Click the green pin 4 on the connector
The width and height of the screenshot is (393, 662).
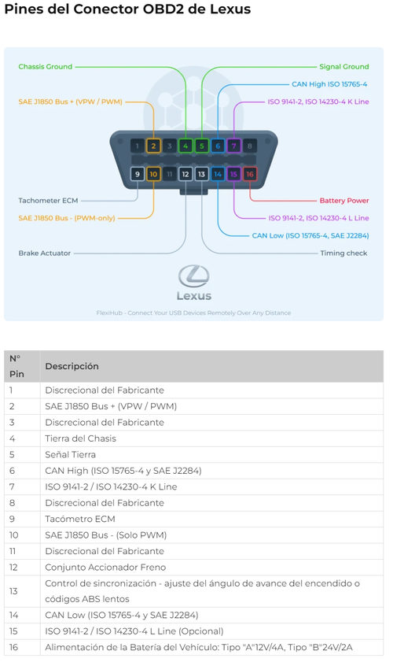coord(185,146)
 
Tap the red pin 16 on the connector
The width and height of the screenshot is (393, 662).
coord(250,174)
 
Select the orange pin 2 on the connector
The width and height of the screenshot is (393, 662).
coord(153,146)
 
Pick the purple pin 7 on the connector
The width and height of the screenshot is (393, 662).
coord(234,146)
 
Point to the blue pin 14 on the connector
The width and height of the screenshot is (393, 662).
coord(218,174)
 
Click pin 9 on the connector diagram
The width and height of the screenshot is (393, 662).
coord(138,174)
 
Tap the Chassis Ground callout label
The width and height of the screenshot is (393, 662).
coord(46,67)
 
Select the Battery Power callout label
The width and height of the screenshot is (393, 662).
coord(344,201)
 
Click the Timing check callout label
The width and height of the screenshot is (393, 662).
coord(343,253)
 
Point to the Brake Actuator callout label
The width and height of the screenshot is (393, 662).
coord(45,253)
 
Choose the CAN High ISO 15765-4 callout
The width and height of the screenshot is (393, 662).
coord(329,84)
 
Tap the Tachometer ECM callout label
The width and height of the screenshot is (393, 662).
coord(48,201)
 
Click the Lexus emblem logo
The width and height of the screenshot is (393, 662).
coord(194,276)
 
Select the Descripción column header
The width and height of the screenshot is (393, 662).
coord(72,367)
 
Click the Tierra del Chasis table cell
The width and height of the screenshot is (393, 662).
coord(80,438)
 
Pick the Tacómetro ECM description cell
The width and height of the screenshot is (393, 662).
coord(80,519)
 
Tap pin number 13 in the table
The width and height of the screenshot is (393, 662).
coord(13,591)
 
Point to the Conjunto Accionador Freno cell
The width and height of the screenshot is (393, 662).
coord(105,567)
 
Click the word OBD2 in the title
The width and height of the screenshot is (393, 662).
coord(163,9)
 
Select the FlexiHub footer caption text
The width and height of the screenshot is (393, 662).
coord(193,313)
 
